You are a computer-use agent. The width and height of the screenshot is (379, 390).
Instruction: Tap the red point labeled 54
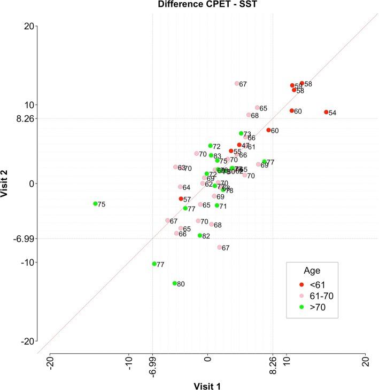click(326, 112)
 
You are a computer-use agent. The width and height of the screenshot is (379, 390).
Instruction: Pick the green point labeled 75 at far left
click(96, 204)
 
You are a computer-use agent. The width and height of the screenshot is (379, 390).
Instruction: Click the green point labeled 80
click(175, 283)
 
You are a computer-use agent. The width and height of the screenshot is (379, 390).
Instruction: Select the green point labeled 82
click(200, 235)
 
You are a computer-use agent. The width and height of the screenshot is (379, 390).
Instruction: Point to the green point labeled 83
click(211, 155)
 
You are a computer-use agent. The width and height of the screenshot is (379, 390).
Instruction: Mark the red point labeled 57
click(181, 198)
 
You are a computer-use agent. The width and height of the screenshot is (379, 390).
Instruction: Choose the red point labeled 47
click(239, 145)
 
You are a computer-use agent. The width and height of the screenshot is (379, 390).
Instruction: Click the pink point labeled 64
click(180, 187)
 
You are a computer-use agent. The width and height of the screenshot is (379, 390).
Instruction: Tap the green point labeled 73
click(241, 133)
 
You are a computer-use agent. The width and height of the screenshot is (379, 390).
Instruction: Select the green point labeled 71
click(217, 205)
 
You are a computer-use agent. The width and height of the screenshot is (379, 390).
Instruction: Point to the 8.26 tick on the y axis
click(26, 118)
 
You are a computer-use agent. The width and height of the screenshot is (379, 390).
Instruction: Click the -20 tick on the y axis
click(27, 341)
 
